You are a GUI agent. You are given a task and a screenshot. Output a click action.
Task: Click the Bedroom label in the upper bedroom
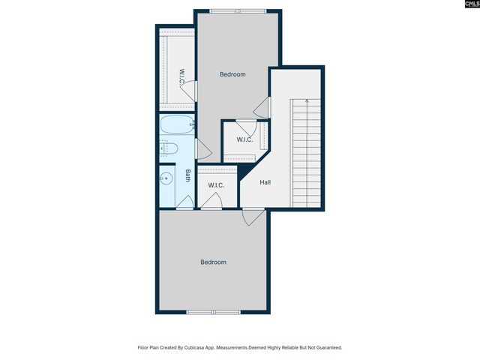[232, 74]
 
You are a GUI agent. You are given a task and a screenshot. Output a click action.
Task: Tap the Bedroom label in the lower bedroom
[213, 262]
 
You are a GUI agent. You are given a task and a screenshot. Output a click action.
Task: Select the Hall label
[265, 182]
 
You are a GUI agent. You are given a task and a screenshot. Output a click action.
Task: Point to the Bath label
[187, 175]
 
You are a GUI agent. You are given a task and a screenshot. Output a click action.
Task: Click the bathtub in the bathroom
[177, 124]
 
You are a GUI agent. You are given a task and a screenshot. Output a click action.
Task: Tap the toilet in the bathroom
[169, 148]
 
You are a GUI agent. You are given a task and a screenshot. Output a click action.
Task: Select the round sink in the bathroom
[166, 178]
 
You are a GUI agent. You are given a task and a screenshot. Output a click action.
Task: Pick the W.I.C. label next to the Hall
[244, 139]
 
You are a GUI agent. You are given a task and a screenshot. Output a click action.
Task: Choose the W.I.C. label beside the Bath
[216, 185]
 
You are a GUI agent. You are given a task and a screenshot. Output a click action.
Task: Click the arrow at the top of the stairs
[307, 101]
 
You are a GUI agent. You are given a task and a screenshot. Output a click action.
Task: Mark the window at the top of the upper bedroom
[232, 10]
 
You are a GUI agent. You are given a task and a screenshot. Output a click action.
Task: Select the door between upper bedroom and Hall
[262, 108]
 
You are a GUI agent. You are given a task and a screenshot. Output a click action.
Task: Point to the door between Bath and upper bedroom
[201, 148]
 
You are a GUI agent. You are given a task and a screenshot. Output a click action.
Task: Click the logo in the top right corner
[466, 7]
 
